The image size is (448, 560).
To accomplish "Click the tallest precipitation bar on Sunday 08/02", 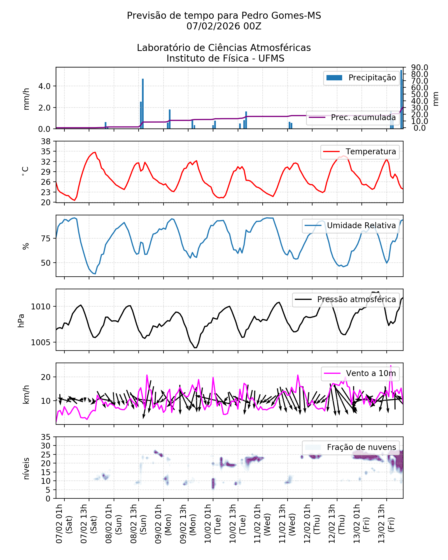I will pyautogui.click(x=143, y=104).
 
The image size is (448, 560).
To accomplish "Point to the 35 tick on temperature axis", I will pyautogui.click(x=46, y=151).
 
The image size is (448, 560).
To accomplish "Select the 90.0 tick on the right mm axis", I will pyautogui.click(x=419, y=67).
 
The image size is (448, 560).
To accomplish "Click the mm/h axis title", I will pyautogui.click(x=26, y=99).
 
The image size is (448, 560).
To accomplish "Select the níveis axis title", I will pyautogui.click(x=26, y=468).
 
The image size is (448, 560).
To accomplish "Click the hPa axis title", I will pyautogui.click(x=21, y=321).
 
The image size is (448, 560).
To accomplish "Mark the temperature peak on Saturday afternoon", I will pyautogui.click(x=95, y=152).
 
